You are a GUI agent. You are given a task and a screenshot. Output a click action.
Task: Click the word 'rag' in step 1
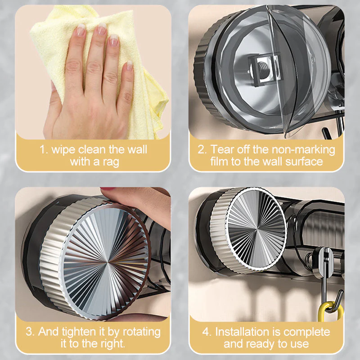(x=111, y=162)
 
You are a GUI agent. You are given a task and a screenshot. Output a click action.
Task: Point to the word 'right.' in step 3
(x=113, y=344)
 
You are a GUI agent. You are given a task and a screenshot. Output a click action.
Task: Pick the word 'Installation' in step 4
(x=242, y=332)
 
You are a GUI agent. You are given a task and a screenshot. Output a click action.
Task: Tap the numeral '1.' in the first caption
(x=44, y=150)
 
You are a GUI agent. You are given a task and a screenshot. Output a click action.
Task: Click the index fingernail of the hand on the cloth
(x=81, y=30)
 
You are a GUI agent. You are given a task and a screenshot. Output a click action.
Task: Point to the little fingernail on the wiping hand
(x=130, y=65)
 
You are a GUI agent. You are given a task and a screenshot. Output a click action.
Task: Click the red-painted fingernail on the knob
(x=108, y=189)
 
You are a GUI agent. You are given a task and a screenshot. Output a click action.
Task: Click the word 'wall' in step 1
(x=137, y=150)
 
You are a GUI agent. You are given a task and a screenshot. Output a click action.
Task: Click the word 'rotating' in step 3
(x=142, y=332)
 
